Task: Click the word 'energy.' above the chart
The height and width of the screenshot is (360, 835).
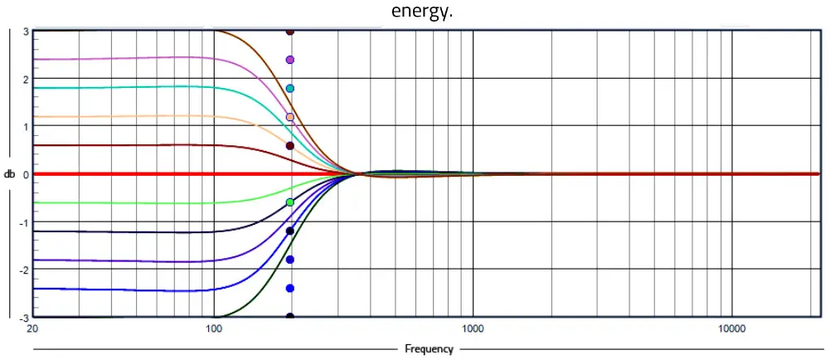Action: tap(422, 13)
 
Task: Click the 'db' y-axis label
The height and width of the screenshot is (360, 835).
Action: tap(9, 174)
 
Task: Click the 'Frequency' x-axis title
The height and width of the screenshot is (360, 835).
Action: tap(429, 349)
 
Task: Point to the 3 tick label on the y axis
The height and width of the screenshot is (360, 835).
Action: tap(27, 32)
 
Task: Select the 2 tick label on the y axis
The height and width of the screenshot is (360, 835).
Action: tap(27, 80)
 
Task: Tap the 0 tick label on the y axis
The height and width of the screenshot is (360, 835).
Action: tap(27, 175)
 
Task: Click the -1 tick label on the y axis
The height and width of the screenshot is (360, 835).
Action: tap(25, 223)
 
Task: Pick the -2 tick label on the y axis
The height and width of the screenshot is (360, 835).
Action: tap(25, 270)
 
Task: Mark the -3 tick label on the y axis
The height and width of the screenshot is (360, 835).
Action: tap(25, 318)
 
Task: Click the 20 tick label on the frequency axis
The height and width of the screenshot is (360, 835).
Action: tap(33, 329)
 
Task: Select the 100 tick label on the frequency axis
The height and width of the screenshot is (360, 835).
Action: tap(214, 329)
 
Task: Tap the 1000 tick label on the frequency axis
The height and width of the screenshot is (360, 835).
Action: tap(473, 329)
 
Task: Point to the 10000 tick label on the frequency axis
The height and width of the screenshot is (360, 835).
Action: tap(731, 329)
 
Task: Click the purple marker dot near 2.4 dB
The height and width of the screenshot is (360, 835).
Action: tap(290, 60)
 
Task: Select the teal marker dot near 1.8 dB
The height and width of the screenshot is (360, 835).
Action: tap(290, 89)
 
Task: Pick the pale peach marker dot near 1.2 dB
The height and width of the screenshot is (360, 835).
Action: tap(290, 117)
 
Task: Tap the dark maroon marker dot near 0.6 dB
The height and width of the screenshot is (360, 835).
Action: tap(290, 146)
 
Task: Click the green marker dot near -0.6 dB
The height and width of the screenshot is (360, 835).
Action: tap(290, 202)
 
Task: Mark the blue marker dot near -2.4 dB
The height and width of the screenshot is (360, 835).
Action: tap(290, 288)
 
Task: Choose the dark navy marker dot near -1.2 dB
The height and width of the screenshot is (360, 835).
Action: tap(290, 231)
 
